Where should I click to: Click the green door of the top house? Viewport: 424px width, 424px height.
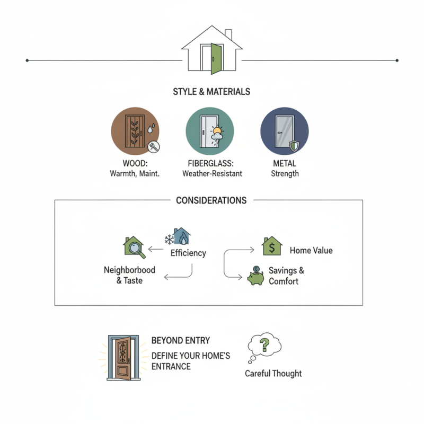(216, 58)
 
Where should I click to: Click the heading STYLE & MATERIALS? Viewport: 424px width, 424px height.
(211, 92)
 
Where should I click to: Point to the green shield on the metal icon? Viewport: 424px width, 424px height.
(295, 146)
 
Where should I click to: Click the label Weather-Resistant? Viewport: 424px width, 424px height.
(211, 173)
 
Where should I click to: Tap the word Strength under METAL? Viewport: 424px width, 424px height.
(285, 173)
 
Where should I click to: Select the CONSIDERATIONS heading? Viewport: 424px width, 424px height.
(211, 201)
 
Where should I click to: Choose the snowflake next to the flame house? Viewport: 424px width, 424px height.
(169, 239)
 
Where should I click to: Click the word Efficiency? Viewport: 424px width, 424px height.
(188, 253)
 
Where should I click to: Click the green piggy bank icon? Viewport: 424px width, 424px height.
(257, 276)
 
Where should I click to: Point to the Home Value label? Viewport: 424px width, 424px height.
(311, 250)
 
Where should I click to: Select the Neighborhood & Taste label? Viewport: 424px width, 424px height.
(129, 275)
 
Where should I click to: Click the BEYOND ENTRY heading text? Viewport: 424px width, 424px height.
(180, 340)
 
